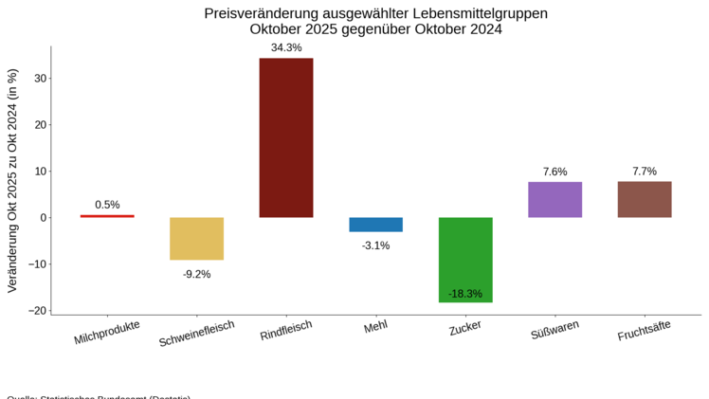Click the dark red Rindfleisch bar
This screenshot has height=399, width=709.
pos(285,137)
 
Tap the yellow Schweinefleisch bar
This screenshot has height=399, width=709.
pos(196,239)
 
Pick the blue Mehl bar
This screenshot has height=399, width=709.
pos(375,225)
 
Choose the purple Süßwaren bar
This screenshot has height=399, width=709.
pos(554,200)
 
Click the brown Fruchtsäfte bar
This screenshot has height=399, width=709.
pos(645,199)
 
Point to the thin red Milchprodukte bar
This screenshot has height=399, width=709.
pos(107,216)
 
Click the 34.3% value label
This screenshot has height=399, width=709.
pos(285,47)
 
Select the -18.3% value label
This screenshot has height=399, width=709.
pos(464,294)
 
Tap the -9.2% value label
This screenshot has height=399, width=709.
pos(196,274)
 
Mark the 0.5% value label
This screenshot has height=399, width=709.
pos(107,205)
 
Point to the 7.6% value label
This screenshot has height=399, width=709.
pos(554,172)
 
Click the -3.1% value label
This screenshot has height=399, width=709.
pos(375,245)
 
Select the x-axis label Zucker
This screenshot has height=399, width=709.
pos(464,327)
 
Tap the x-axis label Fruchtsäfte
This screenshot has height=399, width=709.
pos(644,331)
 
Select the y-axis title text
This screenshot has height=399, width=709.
pos(12,180)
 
